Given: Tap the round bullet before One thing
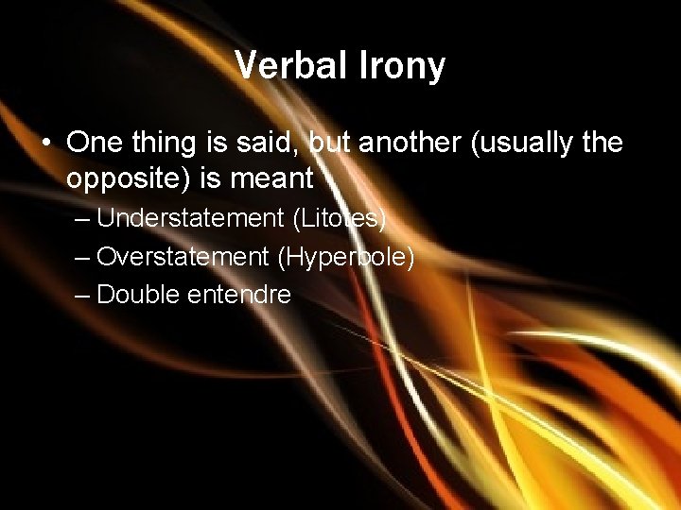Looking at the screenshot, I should tap(46, 144).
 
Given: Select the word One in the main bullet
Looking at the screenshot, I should tap(92, 143).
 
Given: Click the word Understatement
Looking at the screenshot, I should tap(190, 218).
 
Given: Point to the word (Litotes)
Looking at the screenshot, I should tap(340, 218).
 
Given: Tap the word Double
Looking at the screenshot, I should tap(139, 294).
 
